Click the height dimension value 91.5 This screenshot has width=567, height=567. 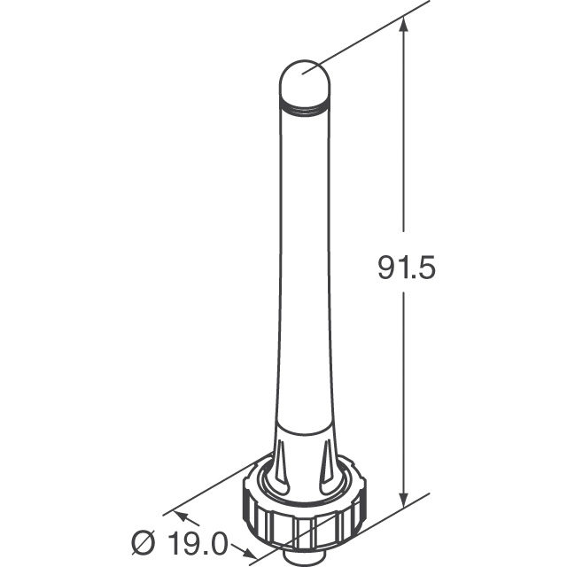(407, 267)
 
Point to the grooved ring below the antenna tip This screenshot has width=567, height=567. (303, 106)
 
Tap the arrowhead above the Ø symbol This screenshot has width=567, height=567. (167, 515)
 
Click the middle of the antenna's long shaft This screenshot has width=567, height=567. (303, 266)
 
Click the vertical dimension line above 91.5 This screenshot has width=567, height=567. (406, 133)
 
